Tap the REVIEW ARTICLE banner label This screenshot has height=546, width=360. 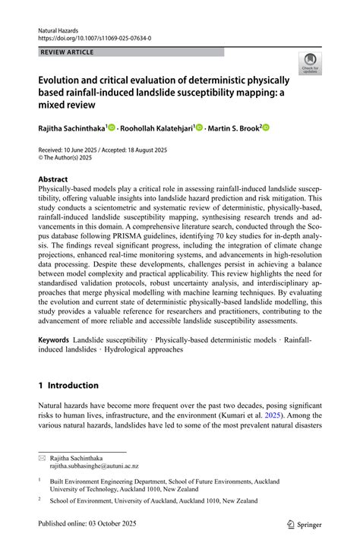pos(68,52)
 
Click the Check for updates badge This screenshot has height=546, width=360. pos(310,65)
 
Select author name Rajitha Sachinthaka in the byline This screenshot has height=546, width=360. pos(72,129)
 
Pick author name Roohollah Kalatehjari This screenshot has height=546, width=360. pos(156,129)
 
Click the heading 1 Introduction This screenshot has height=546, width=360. pos(68,385)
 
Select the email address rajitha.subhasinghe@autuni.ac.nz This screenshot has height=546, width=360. pos(95,467)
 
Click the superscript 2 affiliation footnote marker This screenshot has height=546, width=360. pos(39,499)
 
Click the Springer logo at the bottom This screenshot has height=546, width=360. pos(304,524)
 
